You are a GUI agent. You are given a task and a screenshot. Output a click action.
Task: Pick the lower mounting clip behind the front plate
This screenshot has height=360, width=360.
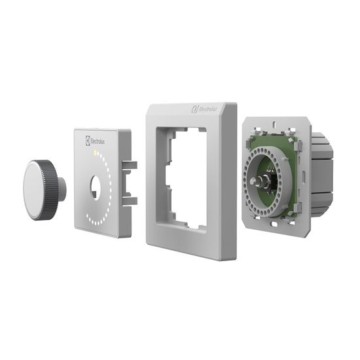[130, 200]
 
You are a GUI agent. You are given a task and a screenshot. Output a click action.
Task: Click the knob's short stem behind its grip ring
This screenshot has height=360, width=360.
[61, 189]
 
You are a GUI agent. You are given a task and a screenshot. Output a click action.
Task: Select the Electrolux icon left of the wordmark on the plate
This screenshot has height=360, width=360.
[88, 139]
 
